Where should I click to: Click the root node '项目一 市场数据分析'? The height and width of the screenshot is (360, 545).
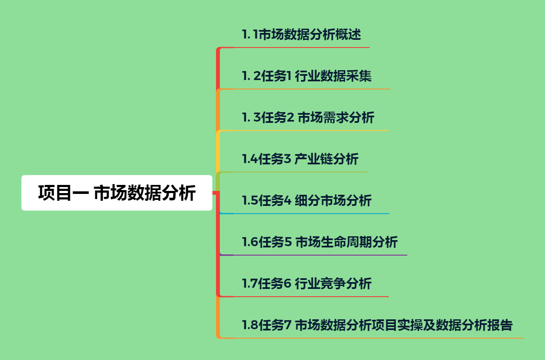[x=117, y=193]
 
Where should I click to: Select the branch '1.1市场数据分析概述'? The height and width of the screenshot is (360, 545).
[x=302, y=34]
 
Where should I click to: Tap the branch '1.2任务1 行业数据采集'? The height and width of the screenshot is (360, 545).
[x=307, y=76]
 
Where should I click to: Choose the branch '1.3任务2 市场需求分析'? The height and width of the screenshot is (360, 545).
[x=308, y=117]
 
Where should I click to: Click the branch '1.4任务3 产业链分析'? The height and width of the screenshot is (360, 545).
[x=300, y=159]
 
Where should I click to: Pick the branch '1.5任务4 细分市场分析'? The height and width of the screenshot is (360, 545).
[x=307, y=200]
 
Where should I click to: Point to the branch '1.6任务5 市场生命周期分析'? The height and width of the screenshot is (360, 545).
[x=320, y=242]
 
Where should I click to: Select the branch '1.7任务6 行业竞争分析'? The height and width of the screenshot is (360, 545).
[x=307, y=283]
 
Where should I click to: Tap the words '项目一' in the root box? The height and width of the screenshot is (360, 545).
[x=63, y=193]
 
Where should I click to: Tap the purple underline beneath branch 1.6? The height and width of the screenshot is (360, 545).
[x=321, y=255]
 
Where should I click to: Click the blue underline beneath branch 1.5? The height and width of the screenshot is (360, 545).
[x=308, y=213]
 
